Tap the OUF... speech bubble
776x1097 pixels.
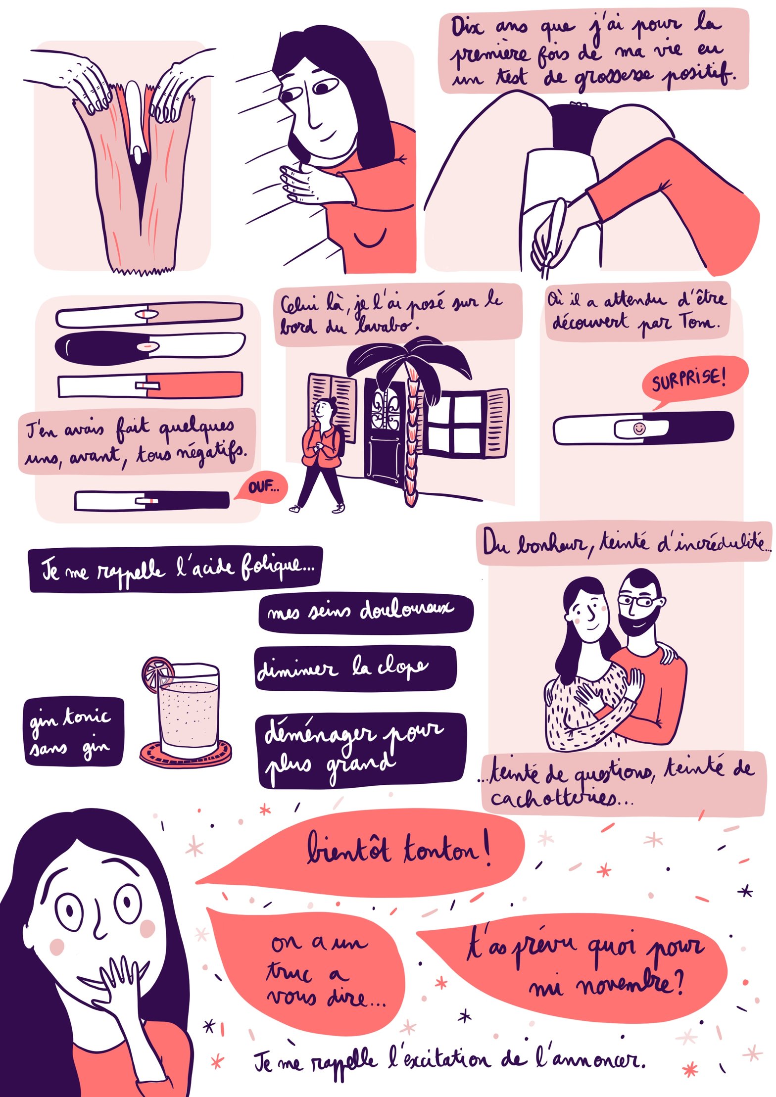tap(261, 487)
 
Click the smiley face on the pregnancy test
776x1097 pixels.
tap(639, 428)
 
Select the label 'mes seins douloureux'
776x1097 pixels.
tap(365, 612)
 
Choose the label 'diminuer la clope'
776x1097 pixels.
tap(355, 668)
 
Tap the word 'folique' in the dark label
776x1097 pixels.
tap(277, 568)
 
